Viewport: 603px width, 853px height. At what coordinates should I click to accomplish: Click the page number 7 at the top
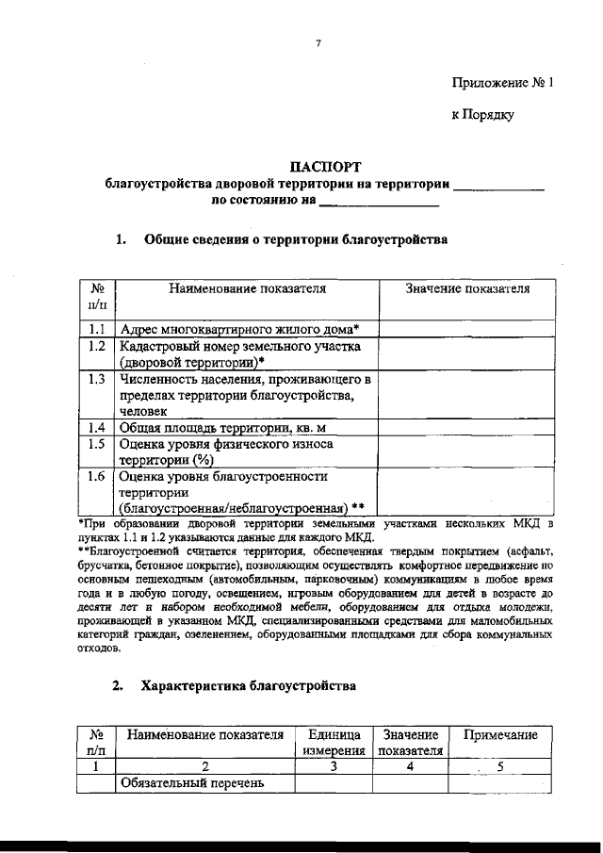tap(319, 43)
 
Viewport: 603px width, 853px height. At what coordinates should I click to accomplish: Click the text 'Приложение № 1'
tap(501, 83)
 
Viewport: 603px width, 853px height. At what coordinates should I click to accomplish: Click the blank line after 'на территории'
tap(499, 185)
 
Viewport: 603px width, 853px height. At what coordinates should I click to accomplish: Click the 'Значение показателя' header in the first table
tap(466, 288)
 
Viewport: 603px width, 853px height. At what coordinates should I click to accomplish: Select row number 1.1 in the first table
tap(95, 329)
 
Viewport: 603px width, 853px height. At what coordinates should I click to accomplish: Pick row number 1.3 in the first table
tap(95, 379)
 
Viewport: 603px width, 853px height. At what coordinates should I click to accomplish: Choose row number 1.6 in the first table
tap(95, 477)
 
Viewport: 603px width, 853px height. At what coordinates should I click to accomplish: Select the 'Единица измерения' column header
tap(334, 743)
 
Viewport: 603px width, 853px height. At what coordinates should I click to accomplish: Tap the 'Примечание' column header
tap(499, 735)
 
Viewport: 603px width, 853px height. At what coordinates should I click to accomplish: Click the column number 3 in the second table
tap(334, 767)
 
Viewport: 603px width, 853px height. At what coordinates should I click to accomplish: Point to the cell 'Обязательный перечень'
tap(180, 783)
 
